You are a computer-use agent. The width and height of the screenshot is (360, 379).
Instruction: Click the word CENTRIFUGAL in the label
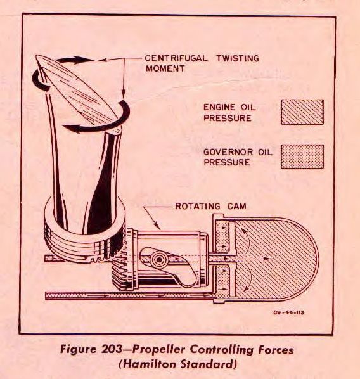(x=176, y=58)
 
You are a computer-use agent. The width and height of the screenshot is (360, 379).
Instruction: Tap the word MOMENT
(x=165, y=68)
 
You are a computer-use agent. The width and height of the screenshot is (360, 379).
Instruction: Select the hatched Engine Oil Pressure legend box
(x=302, y=112)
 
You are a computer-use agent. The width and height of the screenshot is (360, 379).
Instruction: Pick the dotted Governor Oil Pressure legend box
(x=302, y=157)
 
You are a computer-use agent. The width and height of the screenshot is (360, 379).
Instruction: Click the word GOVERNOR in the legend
(x=228, y=152)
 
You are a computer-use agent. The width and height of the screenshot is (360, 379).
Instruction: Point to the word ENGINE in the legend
(x=219, y=107)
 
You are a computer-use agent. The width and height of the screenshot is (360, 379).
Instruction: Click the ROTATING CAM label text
(x=210, y=206)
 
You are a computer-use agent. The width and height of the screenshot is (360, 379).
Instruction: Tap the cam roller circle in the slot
(x=159, y=260)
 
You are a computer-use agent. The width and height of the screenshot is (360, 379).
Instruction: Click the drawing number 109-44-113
(x=288, y=312)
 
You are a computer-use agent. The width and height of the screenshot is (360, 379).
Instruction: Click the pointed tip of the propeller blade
(x=37, y=56)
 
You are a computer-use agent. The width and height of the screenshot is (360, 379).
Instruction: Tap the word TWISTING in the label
(x=238, y=58)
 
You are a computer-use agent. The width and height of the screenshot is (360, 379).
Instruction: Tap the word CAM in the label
(x=237, y=206)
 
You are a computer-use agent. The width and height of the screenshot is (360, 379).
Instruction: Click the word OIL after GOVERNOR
(x=265, y=152)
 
